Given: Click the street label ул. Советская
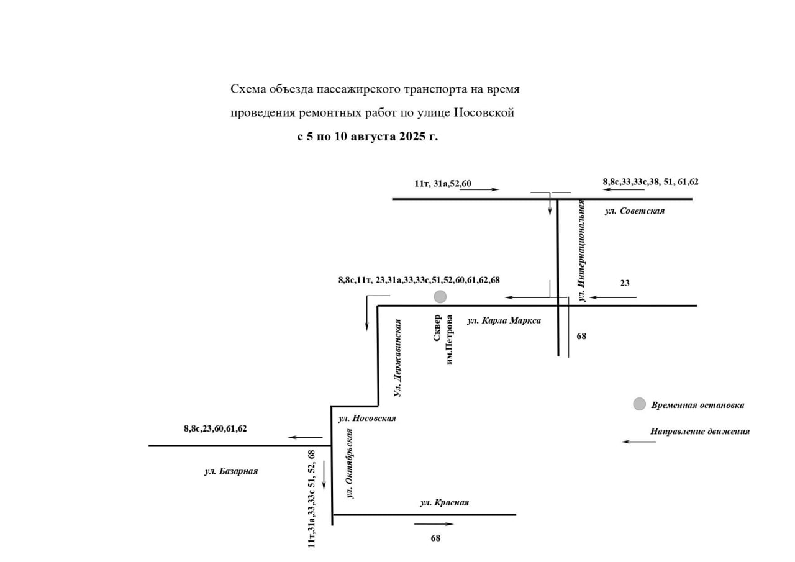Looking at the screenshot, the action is pos(635,211).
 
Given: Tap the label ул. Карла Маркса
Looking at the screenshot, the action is pos(504,320).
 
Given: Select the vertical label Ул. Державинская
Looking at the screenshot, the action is pos(397,358).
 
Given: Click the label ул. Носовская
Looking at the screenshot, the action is pos(367,419).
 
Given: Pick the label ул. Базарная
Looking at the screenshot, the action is pos(231,471).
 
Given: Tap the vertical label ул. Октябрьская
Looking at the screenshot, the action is pos(350,464).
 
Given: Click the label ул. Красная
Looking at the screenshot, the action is pos(445,502).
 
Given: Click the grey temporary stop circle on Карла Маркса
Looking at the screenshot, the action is pos(440,297).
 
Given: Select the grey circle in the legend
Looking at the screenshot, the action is pos(640,404).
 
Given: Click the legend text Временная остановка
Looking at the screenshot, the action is pos(697,405).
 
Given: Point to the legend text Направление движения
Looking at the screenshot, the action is pos(700,432).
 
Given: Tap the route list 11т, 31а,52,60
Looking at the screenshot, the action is pos(443,183).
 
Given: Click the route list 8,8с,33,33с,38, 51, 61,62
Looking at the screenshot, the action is pos(650,182).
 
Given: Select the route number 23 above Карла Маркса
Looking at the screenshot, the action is pos(625,283).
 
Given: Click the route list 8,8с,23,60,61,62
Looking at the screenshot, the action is pos(215,428).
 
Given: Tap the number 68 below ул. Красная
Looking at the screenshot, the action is pos(435,538).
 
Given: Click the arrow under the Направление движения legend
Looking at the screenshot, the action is pos(638,442).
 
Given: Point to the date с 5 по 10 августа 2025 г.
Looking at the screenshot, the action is pos(368,137).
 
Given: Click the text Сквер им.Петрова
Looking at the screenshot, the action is pos(443,339).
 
